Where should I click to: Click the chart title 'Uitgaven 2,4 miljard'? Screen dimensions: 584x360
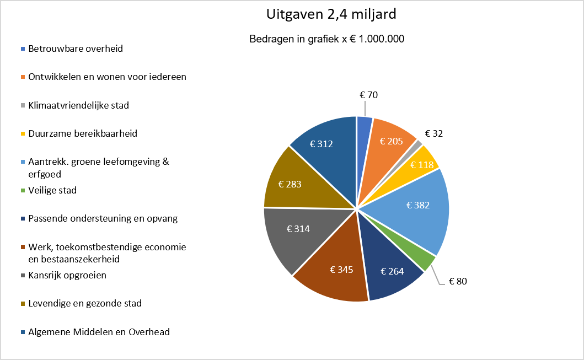[331, 14]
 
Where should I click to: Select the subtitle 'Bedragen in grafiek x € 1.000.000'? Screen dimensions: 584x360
[326, 39]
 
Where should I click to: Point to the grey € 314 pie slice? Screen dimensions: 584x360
[294, 234]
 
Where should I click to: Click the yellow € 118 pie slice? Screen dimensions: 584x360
[421, 164]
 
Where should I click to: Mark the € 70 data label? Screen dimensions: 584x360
[369, 95]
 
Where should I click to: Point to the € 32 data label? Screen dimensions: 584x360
[434, 133]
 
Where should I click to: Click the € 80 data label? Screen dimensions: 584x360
[458, 282]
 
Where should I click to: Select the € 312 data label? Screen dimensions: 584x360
[322, 144]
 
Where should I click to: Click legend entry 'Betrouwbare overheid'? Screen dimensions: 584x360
[72, 49]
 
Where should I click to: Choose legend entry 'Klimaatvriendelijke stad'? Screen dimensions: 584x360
[75, 105]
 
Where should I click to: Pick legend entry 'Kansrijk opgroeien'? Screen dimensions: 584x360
[63, 276]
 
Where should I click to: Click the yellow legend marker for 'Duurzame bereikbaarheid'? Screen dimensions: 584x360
[23, 133]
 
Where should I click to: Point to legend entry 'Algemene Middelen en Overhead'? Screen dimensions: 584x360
[95, 332]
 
